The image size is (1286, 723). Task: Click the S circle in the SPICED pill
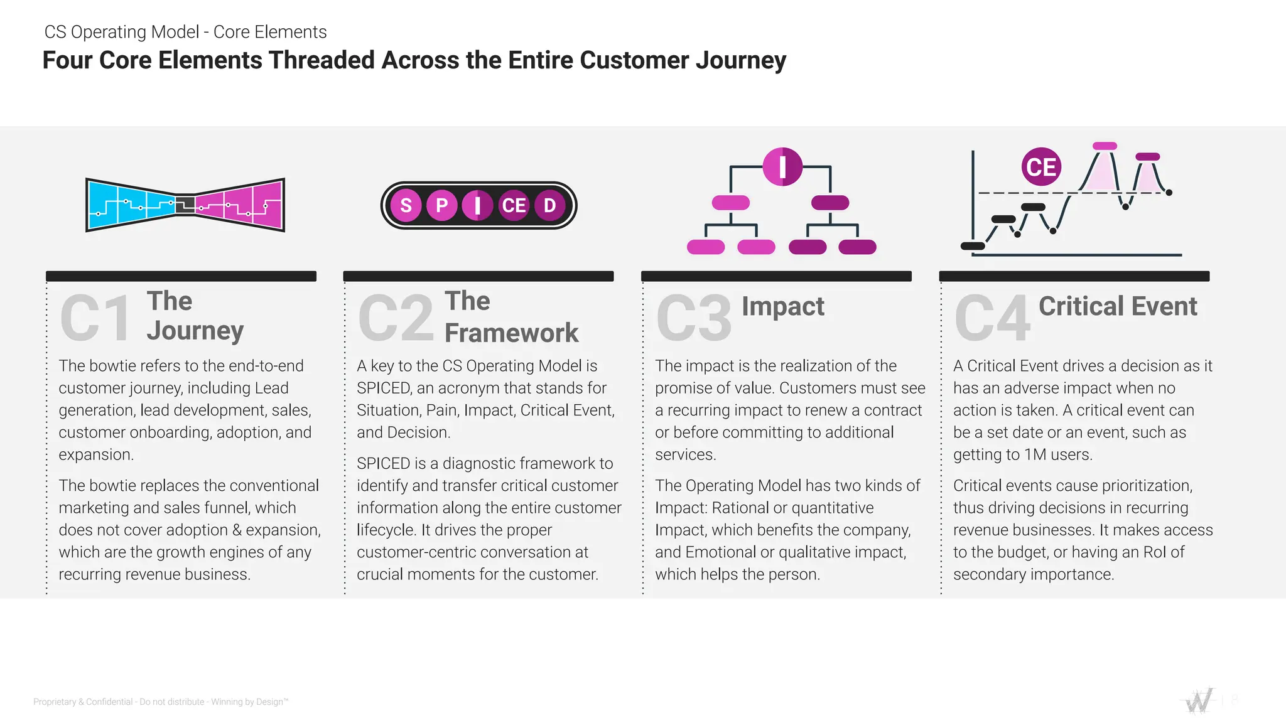coord(406,205)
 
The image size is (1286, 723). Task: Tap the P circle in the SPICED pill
coord(442,205)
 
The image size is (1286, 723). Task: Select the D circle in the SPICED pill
coord(549,205)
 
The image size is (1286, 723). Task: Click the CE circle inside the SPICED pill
coord(514,205)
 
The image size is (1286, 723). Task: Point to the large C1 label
coord(96,318)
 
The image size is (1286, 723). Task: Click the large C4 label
coord(992,318)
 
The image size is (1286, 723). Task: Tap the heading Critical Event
coord(1117,306)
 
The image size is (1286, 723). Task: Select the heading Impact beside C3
coord(782,306)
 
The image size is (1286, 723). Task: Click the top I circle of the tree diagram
coord(782,167)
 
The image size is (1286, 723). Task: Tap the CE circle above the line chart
coord(1041,167)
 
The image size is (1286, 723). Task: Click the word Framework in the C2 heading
coord(511,333)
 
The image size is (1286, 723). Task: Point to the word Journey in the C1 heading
coord(195,331)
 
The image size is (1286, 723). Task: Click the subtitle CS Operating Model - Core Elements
coord(185,32)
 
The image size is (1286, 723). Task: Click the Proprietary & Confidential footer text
coord(160,702)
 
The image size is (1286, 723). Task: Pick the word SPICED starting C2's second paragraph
coord(383,464)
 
